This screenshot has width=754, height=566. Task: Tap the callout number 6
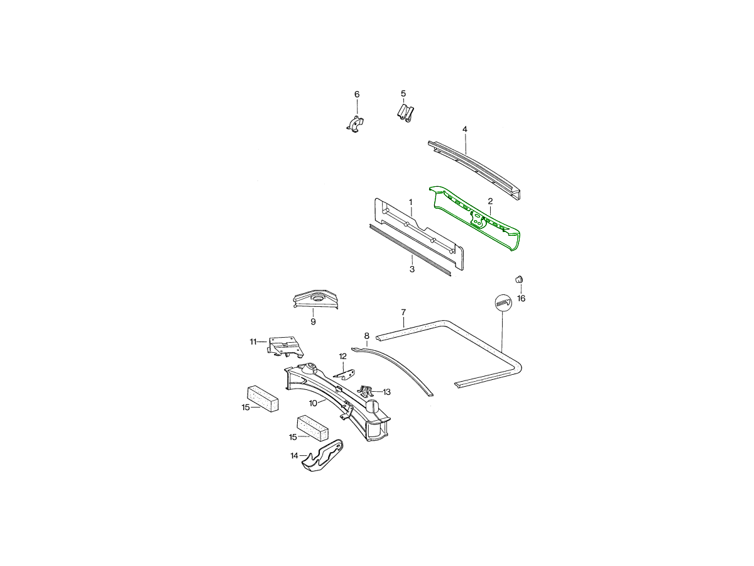357,94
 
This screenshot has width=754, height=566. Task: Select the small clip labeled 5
405,113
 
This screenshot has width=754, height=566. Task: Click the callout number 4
465,129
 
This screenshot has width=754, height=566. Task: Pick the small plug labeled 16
520,279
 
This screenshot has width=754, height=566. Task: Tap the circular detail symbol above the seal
503,302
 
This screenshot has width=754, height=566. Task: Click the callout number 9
313,321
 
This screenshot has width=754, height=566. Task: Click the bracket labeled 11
286,347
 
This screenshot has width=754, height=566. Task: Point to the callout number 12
343,357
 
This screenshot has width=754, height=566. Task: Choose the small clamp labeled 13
366,391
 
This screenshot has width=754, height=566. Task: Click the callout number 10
313,403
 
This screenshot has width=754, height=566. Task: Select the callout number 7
403,313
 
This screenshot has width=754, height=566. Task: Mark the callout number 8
366,335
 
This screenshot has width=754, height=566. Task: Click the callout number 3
412,269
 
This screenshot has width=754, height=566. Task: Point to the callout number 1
410,202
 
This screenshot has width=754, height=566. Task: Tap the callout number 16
521,298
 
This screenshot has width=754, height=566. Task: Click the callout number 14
295,456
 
